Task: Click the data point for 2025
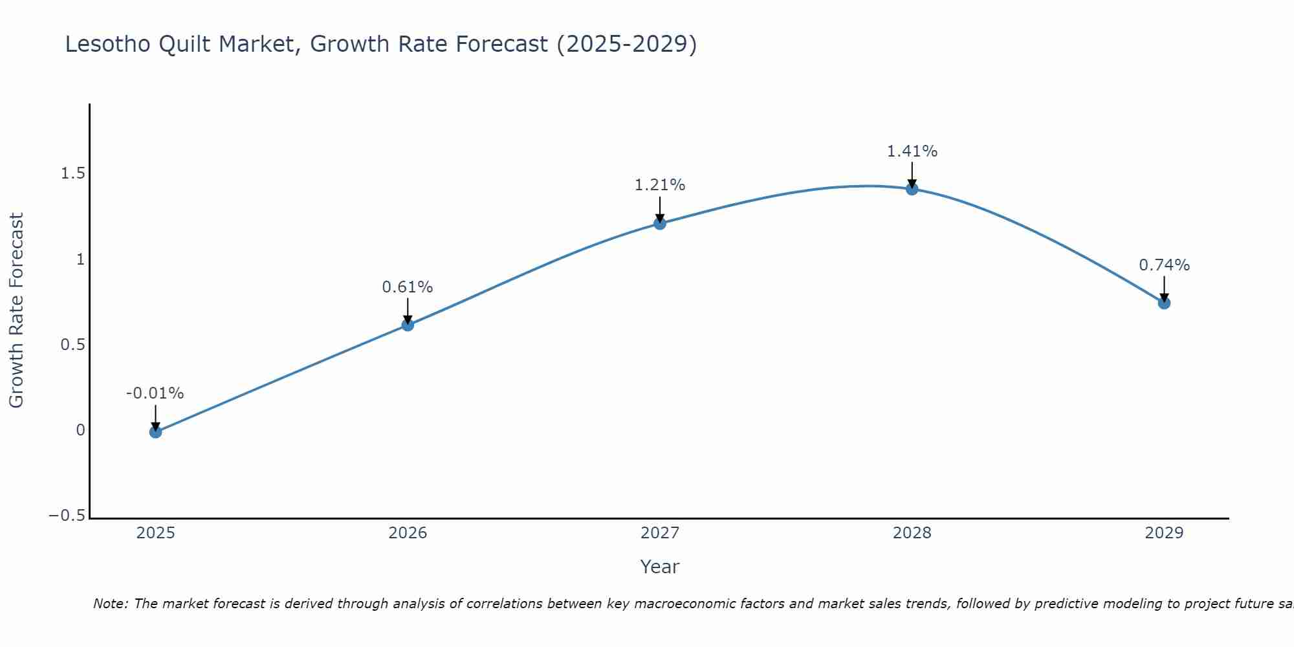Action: pos(155,432)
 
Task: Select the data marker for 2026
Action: pos(408,325)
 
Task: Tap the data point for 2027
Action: pos(660,223)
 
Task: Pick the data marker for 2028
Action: pos(912,189)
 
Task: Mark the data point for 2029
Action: pos(1164,303)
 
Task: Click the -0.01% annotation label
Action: pos(155,393)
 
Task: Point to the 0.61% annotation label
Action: pos(408,287)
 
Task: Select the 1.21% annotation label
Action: pos(660,185)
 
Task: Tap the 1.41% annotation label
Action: pos(912,151)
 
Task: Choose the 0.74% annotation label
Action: pos(1164,265)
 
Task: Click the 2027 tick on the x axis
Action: pos(660,533)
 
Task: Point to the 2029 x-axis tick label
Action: pos(1164,533)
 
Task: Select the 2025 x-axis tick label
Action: pos(155,533)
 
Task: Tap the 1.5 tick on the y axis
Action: pos(72,173)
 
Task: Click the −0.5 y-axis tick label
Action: pos(67,516)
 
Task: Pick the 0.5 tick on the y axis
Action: pos(72,345)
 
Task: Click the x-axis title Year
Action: pos(659,567)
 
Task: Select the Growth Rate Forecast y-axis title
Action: pos(16,311)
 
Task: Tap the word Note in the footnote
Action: pos(110,604)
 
